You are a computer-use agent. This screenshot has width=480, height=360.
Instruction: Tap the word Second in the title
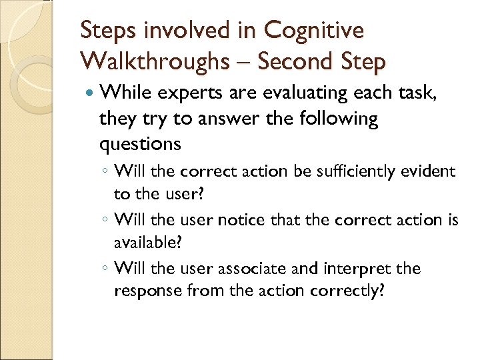pyautogui.click(x=294, y=61)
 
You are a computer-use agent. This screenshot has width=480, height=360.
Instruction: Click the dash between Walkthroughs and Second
pyautogui.click(x=246, y=63)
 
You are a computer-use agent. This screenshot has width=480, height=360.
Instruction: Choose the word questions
pyautogui.click(x=140, y=145)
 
